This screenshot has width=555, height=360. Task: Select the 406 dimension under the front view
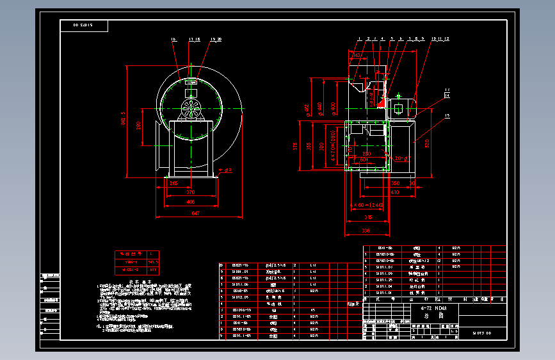(x=190, y=202)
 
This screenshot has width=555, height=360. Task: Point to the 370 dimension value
(x=190, y=192)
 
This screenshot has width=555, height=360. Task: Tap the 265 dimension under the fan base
(x=174, y=183)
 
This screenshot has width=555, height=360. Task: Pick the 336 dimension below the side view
(x=366, y=230)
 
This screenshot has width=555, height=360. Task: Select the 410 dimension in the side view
(x=394, y=192)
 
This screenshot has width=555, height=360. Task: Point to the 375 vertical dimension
(x=296, y=145)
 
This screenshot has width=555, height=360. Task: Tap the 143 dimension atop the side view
(x=357, y=56)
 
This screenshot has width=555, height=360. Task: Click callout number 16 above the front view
(x=173, y=39)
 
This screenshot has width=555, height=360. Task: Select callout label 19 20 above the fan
(x=216, y=39)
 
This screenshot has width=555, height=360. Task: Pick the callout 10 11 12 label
(x=440, y=39)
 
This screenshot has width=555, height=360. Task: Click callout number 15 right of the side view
(x=447, y=116)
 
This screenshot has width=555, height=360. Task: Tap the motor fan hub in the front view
(x=189, y=108)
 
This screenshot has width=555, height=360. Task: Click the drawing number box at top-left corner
(x=84, y=26)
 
